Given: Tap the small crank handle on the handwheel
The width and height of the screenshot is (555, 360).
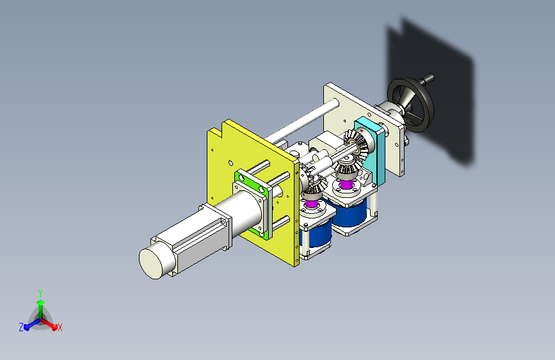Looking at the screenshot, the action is click(427, 79).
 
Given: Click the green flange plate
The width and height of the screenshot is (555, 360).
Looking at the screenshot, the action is click(252, 181).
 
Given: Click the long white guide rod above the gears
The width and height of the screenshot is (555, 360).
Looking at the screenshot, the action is click(302, 120).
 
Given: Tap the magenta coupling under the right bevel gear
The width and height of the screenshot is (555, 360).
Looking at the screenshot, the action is click(346, 184).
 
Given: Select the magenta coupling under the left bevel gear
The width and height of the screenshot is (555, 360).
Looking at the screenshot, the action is click(312, 204).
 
